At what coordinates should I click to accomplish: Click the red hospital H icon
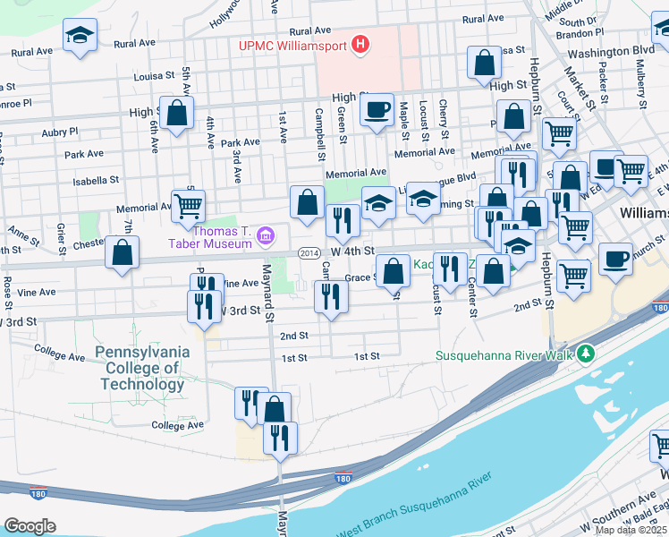click(x=360, y=44)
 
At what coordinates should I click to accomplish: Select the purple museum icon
click(x=265, y=236)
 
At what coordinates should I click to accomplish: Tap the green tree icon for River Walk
click(x=586, y=354)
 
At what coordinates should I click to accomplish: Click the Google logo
click(x=30, y=525)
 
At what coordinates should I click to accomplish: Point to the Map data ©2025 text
click(x=631, y=530)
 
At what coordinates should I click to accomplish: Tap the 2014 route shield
click(x=309, y=253)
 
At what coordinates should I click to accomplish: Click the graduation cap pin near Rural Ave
click(x=80, y=37)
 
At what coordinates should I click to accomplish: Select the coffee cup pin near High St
click(x=377, y=111)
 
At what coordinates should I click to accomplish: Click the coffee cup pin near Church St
click(x=615, y=260)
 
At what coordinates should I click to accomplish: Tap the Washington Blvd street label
click(x=604, y=52)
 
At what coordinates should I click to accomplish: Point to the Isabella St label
click(x=95, y=180)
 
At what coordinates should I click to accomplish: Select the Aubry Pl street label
click(x=60, y=132)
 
